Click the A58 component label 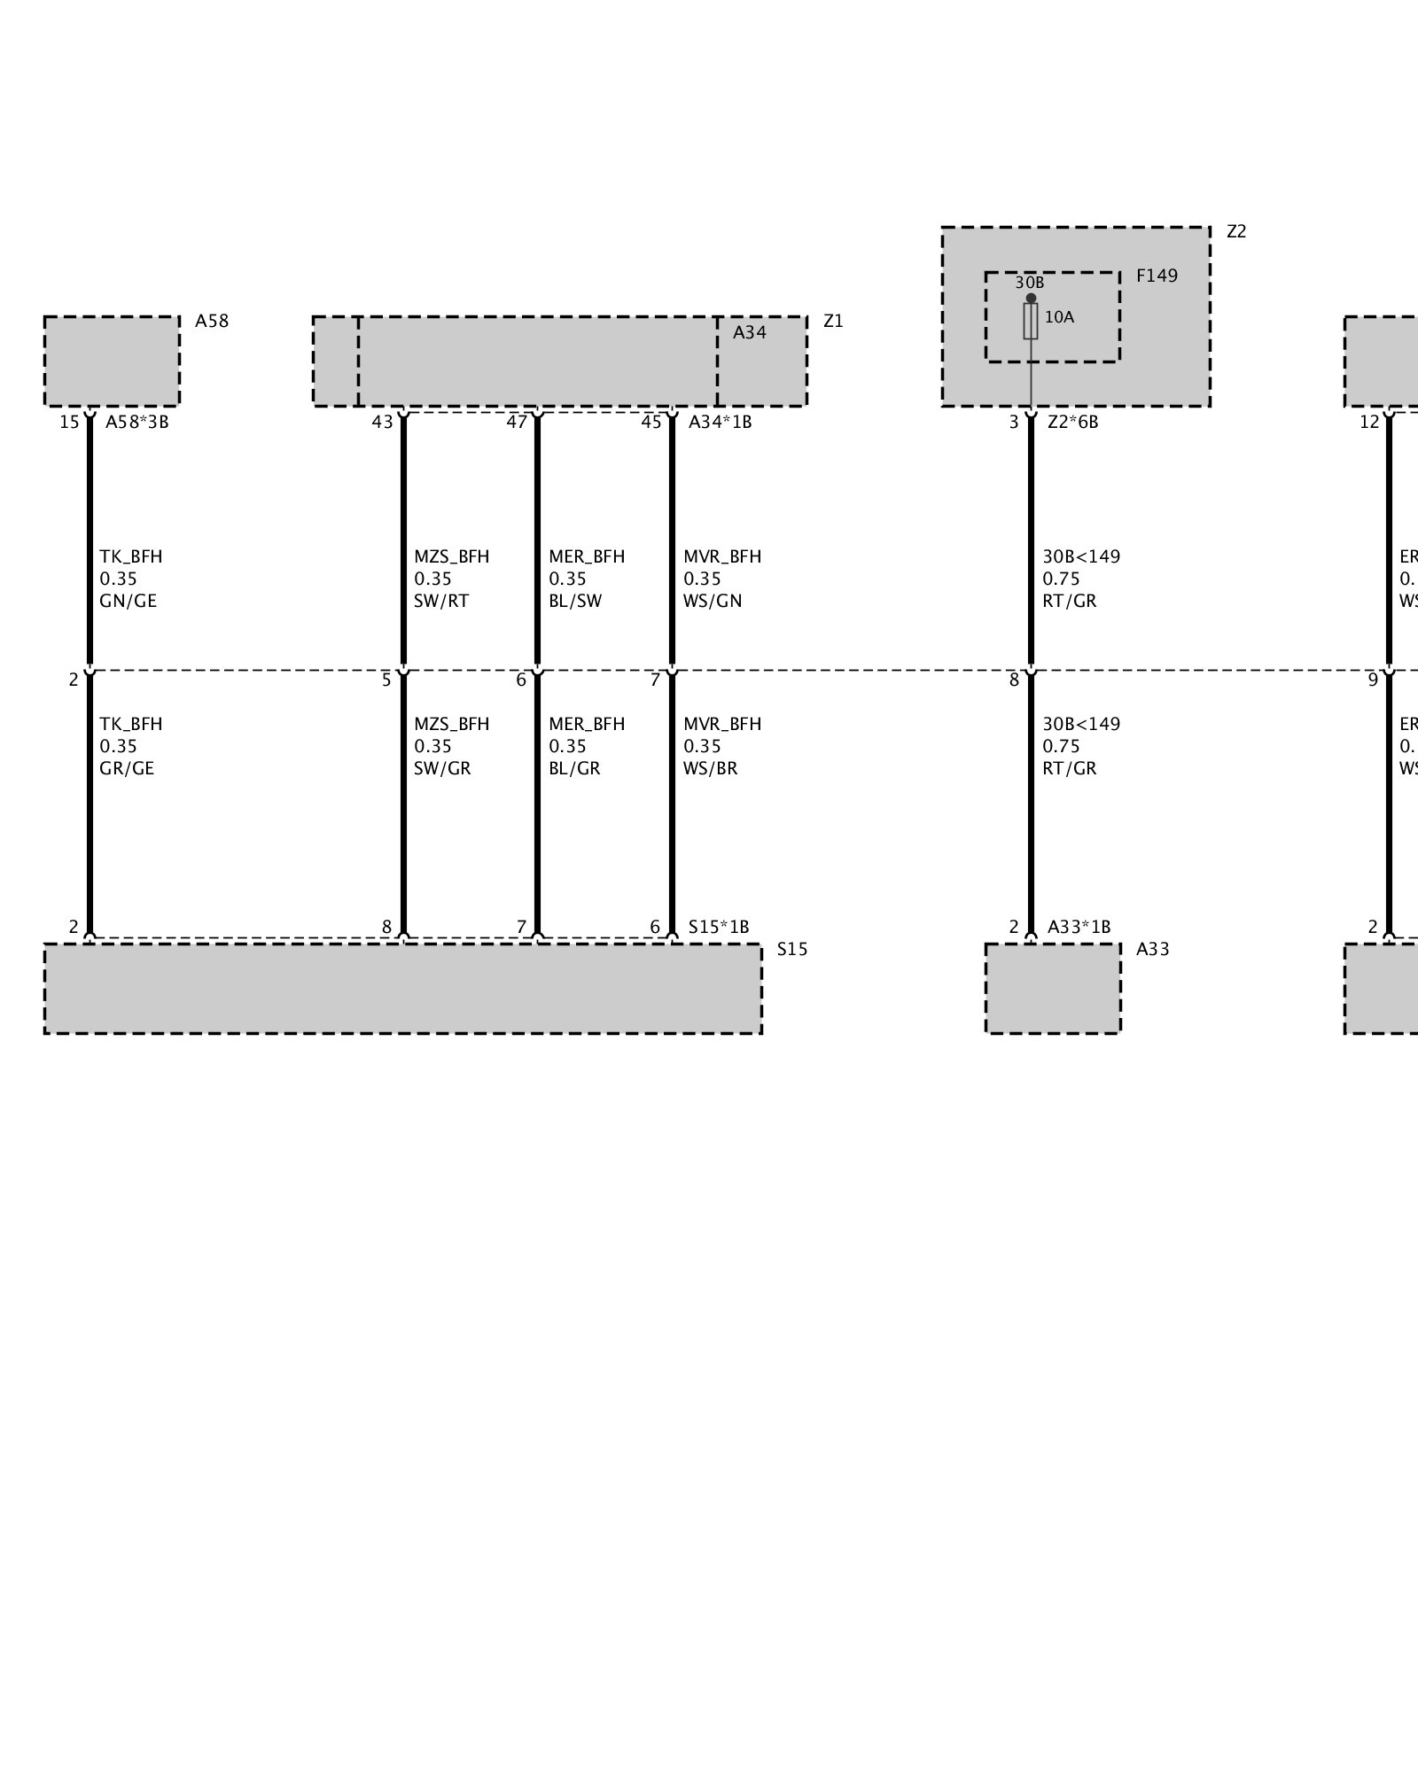tap(212, 321)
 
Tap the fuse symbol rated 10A tap(1031, 321)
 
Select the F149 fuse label tap(1157, 276)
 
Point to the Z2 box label tap(1236, 231)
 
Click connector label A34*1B tap(720, 422)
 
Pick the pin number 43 tap(382, 422)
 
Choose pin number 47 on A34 tap(517, 422)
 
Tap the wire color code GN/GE tap(128, 601)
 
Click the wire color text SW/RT tap(441, 601)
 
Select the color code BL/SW tap(575, 601)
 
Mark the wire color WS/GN tap(713, 601)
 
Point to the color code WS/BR tap(710, 768)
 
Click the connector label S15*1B tap(719, 927)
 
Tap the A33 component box tap(1053, 988)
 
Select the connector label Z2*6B tap(1072, 422)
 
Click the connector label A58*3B tap(136, 422)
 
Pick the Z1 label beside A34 tap(833, 321)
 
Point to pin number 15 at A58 tap(69, 422)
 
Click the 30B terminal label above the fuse tap(1029, 283)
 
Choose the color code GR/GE tap(127, 768)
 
